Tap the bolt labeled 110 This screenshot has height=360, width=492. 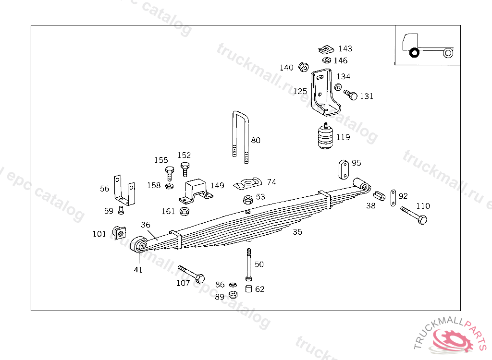[414, 215]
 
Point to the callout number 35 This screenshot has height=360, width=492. [297, 232]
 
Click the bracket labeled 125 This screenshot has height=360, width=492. [324, 94]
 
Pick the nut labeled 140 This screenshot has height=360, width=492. [303, 67]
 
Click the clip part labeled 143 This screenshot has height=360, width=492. [327, 49]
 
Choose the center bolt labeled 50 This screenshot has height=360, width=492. [248, 264]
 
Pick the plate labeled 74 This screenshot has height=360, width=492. [248, 182]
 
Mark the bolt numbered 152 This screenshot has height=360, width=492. [185, 168]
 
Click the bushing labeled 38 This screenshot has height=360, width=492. [380, 195]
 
